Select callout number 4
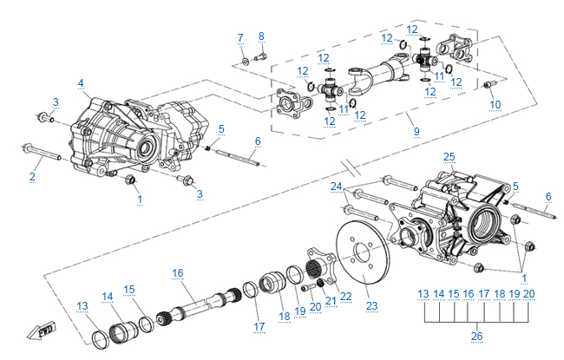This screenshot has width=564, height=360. pos(81,83)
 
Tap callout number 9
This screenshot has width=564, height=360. pos(416,131)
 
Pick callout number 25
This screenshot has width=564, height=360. pos(449,157)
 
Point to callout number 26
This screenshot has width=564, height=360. pos(476,337)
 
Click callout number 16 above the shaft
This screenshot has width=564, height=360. pos(178,272)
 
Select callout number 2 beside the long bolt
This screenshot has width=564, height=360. pos(32,177)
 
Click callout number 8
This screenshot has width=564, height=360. pos(261,36)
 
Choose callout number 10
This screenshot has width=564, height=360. pos(495,105)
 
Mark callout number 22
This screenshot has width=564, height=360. pos(345,296)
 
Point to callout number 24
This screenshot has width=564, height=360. pos(337,187)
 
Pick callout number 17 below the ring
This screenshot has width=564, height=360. pos(258,326)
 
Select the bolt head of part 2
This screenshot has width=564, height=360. pos(30,149)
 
